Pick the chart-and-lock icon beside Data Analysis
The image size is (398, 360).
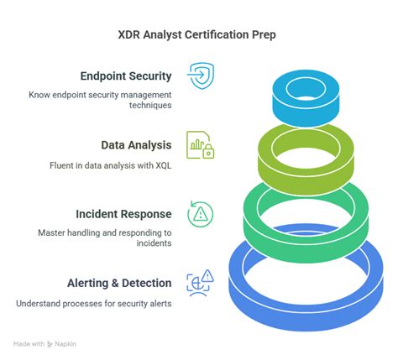coord(200,144)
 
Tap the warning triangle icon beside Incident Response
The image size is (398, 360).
coord(200,214)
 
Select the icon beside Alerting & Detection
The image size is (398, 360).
coord(200,282)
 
